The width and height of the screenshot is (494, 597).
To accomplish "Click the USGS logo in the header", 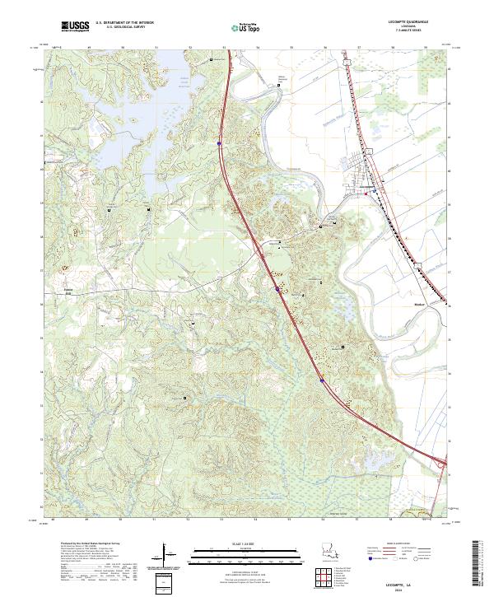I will pos(75,26).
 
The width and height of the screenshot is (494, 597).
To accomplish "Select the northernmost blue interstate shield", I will pos(220,142).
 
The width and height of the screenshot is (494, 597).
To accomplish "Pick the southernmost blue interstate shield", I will pos(321,380).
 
